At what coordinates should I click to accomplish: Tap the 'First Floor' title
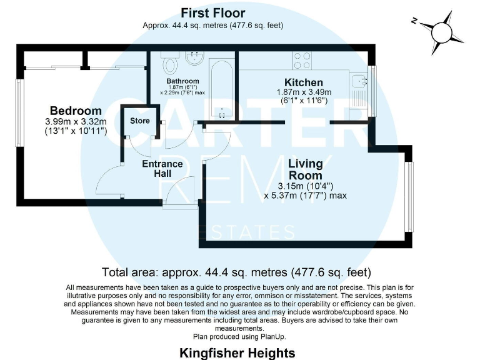pyautogui.click(x=213, y=12)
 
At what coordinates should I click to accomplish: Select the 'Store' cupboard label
pyautogui.click(x=139, y=120)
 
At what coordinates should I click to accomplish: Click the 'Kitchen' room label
pyautogui.click(x=304, y=82)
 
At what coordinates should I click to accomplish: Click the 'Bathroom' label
pyautogui.click(x=182, y=81)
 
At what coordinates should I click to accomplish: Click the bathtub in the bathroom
pyautogui.click(x=222, y=87)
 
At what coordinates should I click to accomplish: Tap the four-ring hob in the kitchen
pyautogui.click(x=302, y=61)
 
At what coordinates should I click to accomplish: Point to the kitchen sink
pyautogui.click(x=358, y=81)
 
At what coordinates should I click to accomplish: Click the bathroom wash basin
pyautogui.click(x=193, y=60)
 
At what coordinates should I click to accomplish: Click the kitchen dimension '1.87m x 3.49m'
pyautogui.click(x=304, y=92)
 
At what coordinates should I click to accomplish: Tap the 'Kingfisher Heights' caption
pyautogui.click(x=237, y=353)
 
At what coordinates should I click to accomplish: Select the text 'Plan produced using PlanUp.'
pyautogui.click(x=240, y=336)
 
